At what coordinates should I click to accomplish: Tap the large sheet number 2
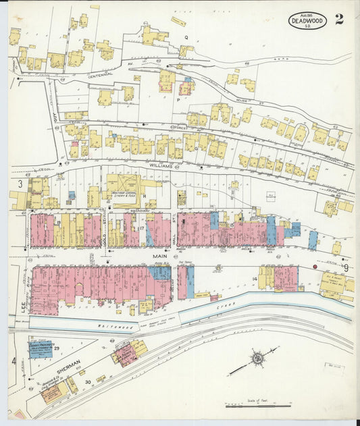[338, 19]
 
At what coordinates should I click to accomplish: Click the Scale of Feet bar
[258, 405]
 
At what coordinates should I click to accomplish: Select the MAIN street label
[160, 257]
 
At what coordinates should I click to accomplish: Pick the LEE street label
[22, 307]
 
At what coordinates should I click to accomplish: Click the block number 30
[88, 382]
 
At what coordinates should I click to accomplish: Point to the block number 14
[255, 278]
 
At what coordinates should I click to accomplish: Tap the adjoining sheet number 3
[20, 184]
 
